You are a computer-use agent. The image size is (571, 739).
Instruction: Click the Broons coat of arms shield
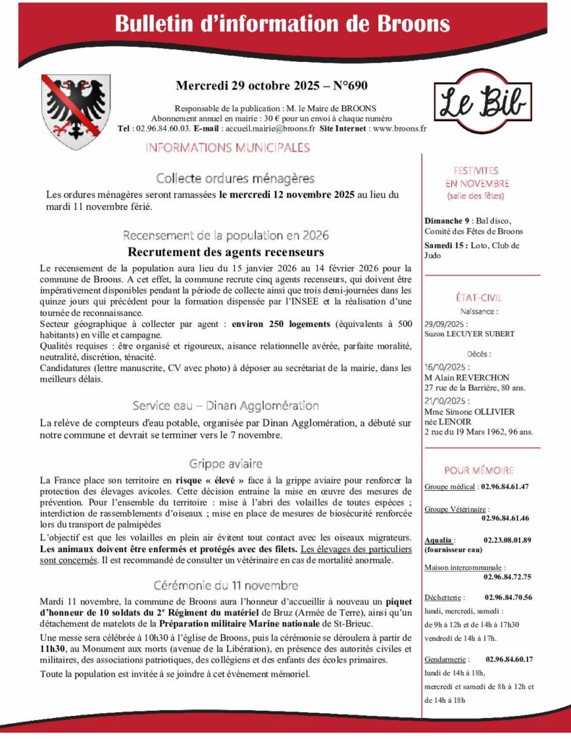(x=65, y=112)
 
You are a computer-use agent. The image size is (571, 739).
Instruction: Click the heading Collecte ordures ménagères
(x=235, y=178)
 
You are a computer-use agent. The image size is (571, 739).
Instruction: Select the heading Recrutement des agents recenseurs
(x=226, y=252)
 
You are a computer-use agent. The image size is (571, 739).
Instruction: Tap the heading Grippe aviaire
(x=226, y=463)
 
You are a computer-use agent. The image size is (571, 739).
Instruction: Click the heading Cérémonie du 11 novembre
(x=226, y=585)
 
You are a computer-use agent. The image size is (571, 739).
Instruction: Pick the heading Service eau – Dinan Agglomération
(x=226, y=406)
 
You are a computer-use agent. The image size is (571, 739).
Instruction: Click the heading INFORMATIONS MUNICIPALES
(x=227, y=148)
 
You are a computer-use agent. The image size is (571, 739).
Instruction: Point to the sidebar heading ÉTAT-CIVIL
(x=480, y=297)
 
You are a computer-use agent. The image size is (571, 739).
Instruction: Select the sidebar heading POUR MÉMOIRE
(x=479, y=469)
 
